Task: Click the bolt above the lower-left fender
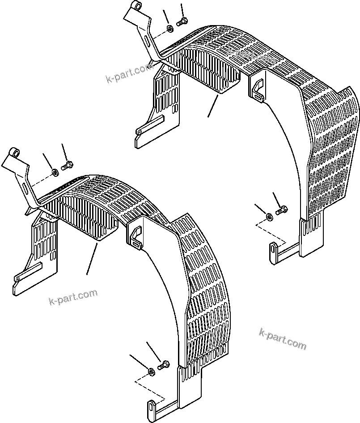[x=68, y=166]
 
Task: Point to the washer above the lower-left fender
[x=54, y=172]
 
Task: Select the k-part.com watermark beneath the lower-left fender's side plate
[x=73, y=296]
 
